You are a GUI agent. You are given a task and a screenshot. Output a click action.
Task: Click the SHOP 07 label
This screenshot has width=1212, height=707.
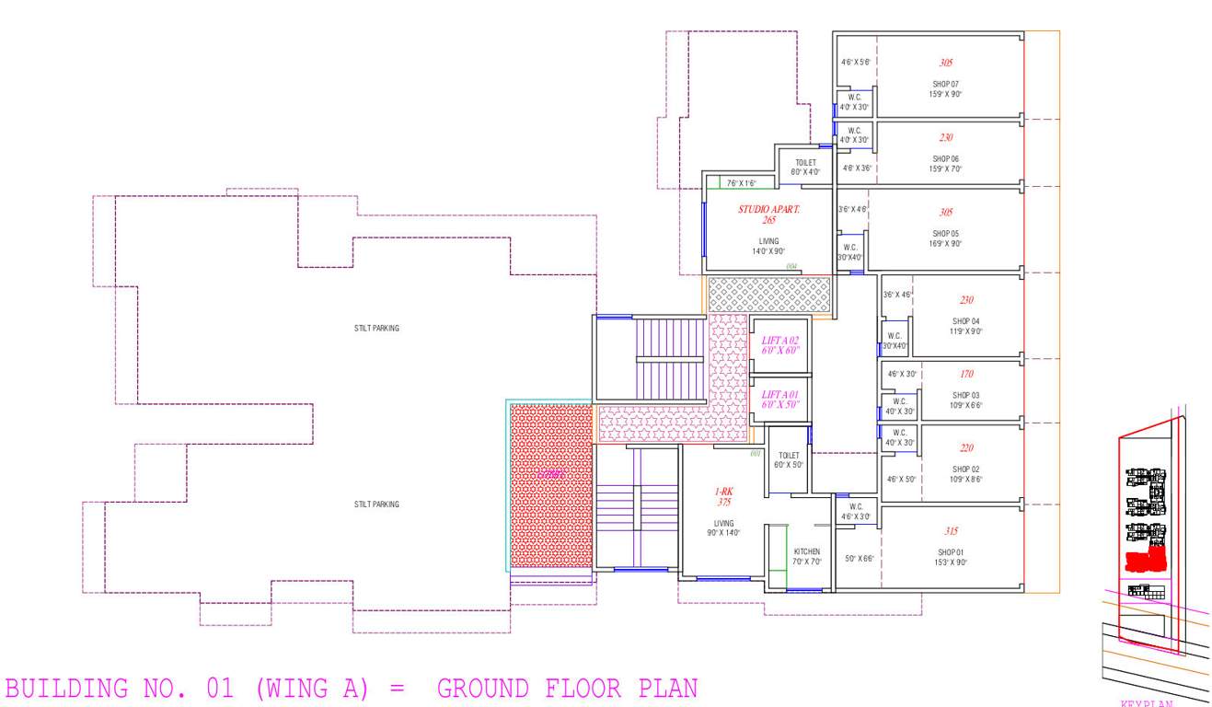946,84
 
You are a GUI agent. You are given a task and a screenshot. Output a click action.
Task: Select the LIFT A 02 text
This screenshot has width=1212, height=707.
780,340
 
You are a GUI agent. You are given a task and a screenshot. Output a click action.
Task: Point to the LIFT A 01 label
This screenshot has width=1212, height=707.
780,395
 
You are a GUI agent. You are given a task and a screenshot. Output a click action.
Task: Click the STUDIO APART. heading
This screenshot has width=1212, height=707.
768,210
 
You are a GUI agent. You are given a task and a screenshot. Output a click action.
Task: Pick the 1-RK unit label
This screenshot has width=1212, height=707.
724,492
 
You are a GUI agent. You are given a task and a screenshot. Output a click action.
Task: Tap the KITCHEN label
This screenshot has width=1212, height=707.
806,551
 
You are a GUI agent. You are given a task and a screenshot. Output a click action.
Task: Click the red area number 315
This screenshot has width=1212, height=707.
951,532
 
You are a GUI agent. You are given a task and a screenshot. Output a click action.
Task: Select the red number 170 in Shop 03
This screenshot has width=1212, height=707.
966,375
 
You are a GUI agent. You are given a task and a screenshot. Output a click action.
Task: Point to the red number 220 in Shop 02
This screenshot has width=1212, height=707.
966,448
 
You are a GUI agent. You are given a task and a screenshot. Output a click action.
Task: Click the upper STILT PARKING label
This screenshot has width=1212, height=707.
376,329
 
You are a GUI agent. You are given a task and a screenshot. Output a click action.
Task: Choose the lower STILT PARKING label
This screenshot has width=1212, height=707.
376,504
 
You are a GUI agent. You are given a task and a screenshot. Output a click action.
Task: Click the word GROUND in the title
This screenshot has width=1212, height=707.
483,689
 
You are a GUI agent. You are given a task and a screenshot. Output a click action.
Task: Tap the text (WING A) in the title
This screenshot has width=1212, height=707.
317,689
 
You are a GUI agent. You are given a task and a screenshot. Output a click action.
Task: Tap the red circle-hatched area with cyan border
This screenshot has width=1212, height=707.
550,485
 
